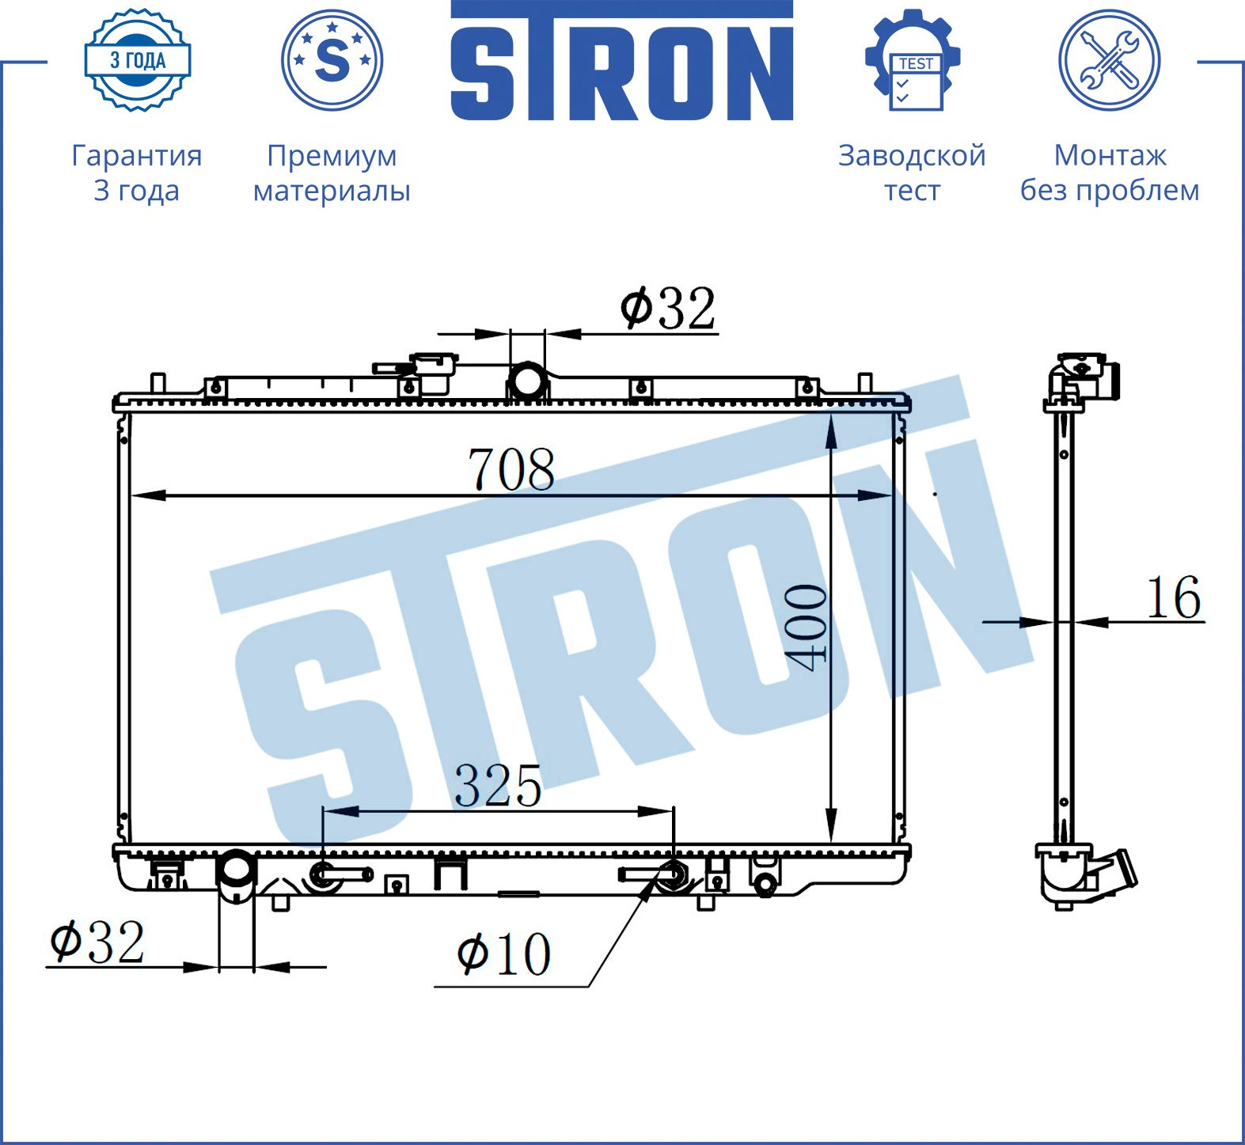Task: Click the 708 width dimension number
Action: (x=511, y=469)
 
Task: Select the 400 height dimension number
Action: (x=806, y=627)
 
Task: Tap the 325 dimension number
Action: (x=498, y=786)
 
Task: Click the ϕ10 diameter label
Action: (x=504, y=954)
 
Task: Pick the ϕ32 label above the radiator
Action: (x=668, y=308)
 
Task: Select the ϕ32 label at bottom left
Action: (x=97, y=942)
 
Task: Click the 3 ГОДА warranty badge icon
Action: (x=138, y=60)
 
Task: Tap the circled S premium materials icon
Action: (x=332, y=60)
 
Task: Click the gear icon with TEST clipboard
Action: (x=913, y=60)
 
